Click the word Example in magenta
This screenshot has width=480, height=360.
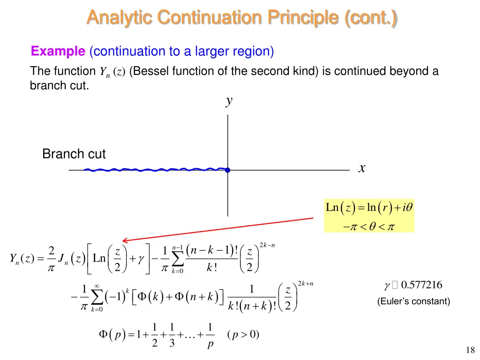click(58, 51)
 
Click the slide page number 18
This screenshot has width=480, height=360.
click(471, 350)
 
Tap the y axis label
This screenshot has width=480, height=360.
click(229, 101)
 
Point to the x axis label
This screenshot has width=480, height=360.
click(361, 168)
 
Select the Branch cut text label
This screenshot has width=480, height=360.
click(74, 154)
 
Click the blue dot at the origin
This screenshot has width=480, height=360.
click(228, 170)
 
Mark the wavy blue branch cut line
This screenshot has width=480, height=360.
click(150, 170)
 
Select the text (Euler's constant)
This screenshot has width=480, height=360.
click(413, 301)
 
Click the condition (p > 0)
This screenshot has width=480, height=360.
click(242, 335)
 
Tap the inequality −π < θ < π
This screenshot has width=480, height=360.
click(369, 227)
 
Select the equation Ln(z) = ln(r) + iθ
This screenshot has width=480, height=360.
click(369, 207)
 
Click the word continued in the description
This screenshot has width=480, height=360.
click(357, 71)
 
